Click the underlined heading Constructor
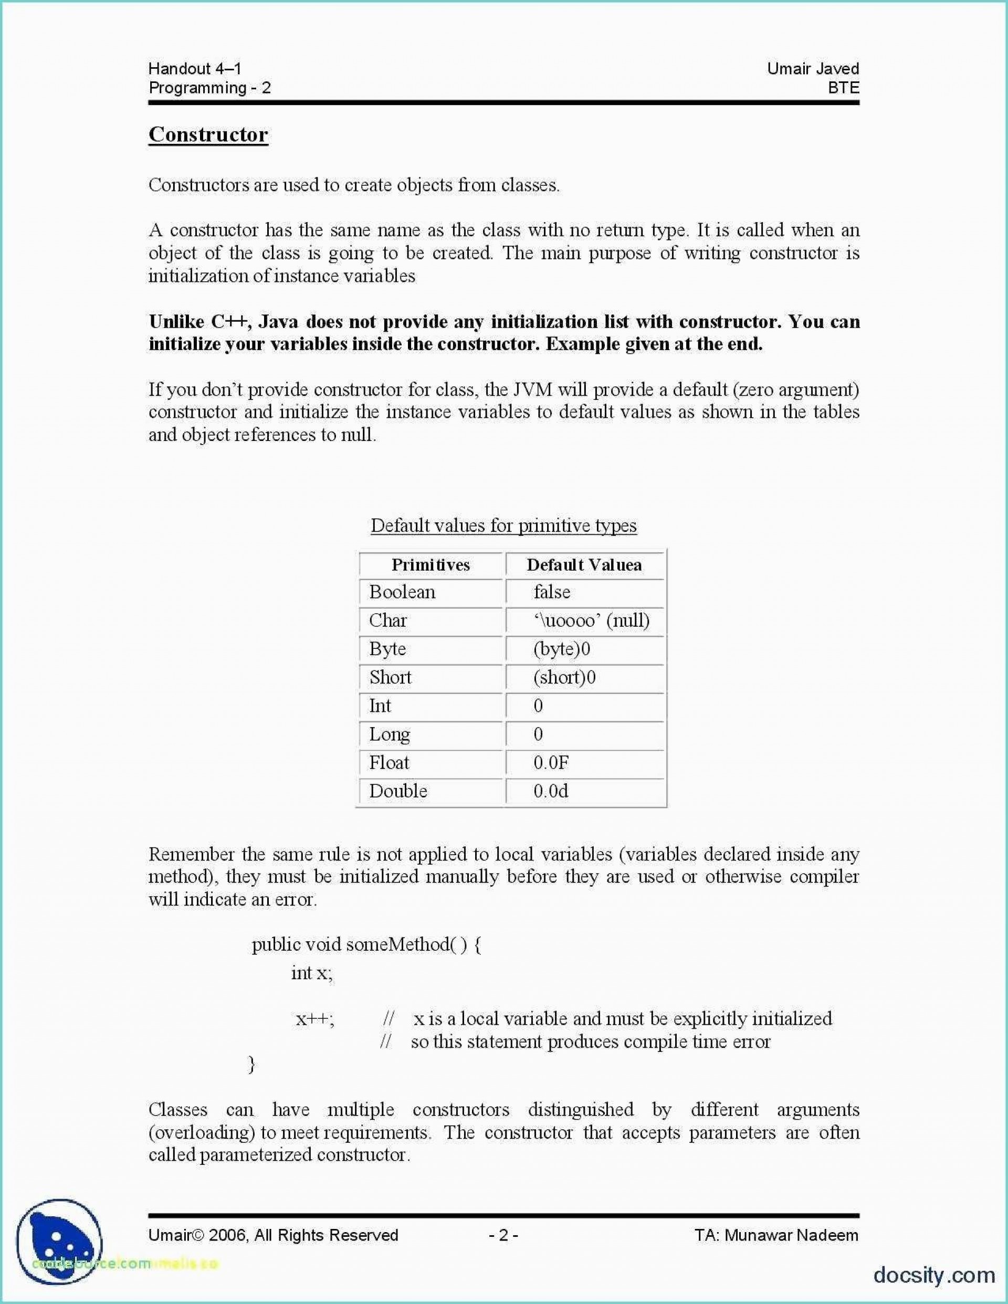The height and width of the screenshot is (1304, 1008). pyautogui.click(x=208, y=134)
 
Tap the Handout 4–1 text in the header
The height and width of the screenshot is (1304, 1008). pyautogui.click(x=195, y=69)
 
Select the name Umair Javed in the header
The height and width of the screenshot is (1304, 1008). pyautogui.click(x=813, y=69)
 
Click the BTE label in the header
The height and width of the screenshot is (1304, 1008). pyautogui.click(x=843, y=88)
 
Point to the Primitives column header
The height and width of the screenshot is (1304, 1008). pyautogui.click(x=430, y=565)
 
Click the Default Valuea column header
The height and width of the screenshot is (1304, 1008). pyautogui.click(x=584, y=565)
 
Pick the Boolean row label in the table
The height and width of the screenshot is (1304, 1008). pyautogui.click(x=402, y=592)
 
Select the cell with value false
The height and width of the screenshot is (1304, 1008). pyautogui.click(x=552, y=592)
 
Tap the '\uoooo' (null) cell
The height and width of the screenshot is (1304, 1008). pyautogui.click(x=591, y=621)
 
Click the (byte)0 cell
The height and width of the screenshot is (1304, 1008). pyautogui.click(x=561, y=649)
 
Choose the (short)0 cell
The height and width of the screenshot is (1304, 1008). pyautogui.click(x=564, y=677)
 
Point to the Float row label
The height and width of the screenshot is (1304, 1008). pyautogui.click(x=388, y=762)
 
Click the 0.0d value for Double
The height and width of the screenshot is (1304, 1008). pyautogui.click(x=551, y=791)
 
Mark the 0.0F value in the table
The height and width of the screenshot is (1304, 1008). pyautogui.click(x=551, y=762)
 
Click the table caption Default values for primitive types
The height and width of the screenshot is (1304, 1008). pyautogui.click(x=503, y=525)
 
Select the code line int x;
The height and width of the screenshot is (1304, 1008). pyautogui.click(x=312, y=973)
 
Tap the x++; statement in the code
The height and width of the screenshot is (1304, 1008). pyautogui.click(x=314, y=1018)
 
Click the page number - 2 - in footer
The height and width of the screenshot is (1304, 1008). pyautogui.click(x=503, y=1235)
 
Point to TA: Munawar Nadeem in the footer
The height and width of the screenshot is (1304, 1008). pyautogui.click(x=776, y=1235)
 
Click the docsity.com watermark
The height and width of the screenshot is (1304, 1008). pyautogui.click(x=934, y=1274)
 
